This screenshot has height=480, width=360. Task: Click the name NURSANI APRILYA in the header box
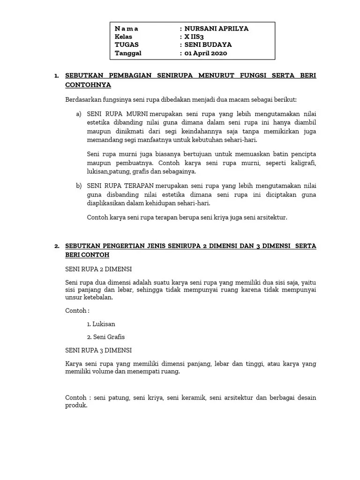point(217,29)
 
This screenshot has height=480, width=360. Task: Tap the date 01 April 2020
point(206,53)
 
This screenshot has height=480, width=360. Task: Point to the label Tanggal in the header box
point(128,53)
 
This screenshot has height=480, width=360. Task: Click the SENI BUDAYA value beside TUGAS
point(208,45)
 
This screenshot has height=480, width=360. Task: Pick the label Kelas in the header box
point(123,37)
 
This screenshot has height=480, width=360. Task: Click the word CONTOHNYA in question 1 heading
point(88,85)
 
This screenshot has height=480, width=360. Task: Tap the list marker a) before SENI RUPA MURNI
point(78,114)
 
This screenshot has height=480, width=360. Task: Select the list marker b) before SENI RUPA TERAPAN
point(78,186)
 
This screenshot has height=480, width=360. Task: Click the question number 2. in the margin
point(57,246)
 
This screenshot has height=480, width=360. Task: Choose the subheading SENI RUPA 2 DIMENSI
point(98,269)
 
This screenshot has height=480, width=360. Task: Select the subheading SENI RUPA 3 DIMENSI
point(98,350)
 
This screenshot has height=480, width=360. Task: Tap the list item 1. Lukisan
point(101,324)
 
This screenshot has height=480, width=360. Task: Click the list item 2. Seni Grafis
point(106,337)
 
